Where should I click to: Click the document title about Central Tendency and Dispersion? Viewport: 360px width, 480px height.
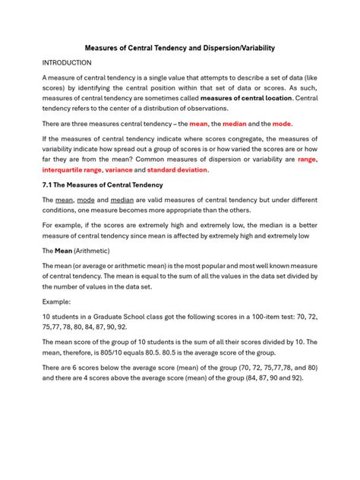coord(179,48)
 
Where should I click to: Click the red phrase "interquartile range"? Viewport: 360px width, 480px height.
coord(72,171)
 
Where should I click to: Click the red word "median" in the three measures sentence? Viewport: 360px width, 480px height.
coord(231,123)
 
